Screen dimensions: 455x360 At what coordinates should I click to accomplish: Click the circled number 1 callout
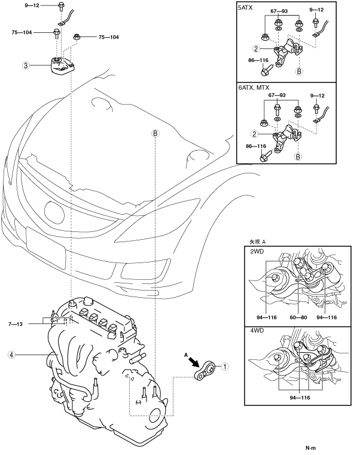[x=224, y=365]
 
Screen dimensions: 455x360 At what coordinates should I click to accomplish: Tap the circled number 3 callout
[x=26, y=65]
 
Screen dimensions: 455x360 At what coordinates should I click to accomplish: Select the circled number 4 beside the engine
[x=11, y=354]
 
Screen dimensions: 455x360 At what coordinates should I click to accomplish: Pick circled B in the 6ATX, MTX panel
[x=297, y=157]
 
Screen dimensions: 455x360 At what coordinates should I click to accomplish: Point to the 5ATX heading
[x=246, y=9]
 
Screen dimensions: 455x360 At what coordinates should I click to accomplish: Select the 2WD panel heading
[x=257, y=252]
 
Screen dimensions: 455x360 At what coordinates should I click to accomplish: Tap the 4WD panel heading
[x=257, y=330]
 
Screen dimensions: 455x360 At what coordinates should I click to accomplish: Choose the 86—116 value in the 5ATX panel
[x=251, y=61]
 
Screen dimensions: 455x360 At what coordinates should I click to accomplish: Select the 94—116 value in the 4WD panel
[x=300, y=396]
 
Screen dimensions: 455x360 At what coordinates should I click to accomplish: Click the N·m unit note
[x=310, y=447]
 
